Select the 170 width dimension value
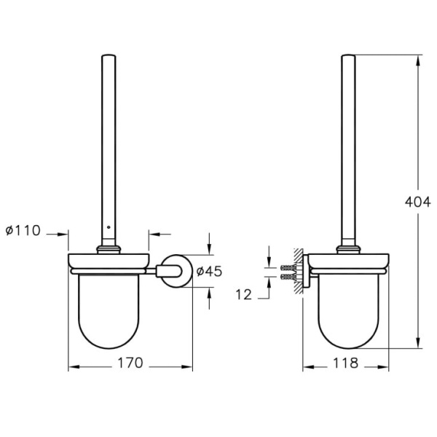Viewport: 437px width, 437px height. click(131, 362)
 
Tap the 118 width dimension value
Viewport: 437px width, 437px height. click(347, 362)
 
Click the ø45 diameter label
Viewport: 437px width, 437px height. click(209, 271)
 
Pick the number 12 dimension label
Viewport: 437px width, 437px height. click(245, 294)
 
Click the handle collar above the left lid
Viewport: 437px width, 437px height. click(109, 250)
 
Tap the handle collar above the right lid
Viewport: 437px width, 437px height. click(347, 250)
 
